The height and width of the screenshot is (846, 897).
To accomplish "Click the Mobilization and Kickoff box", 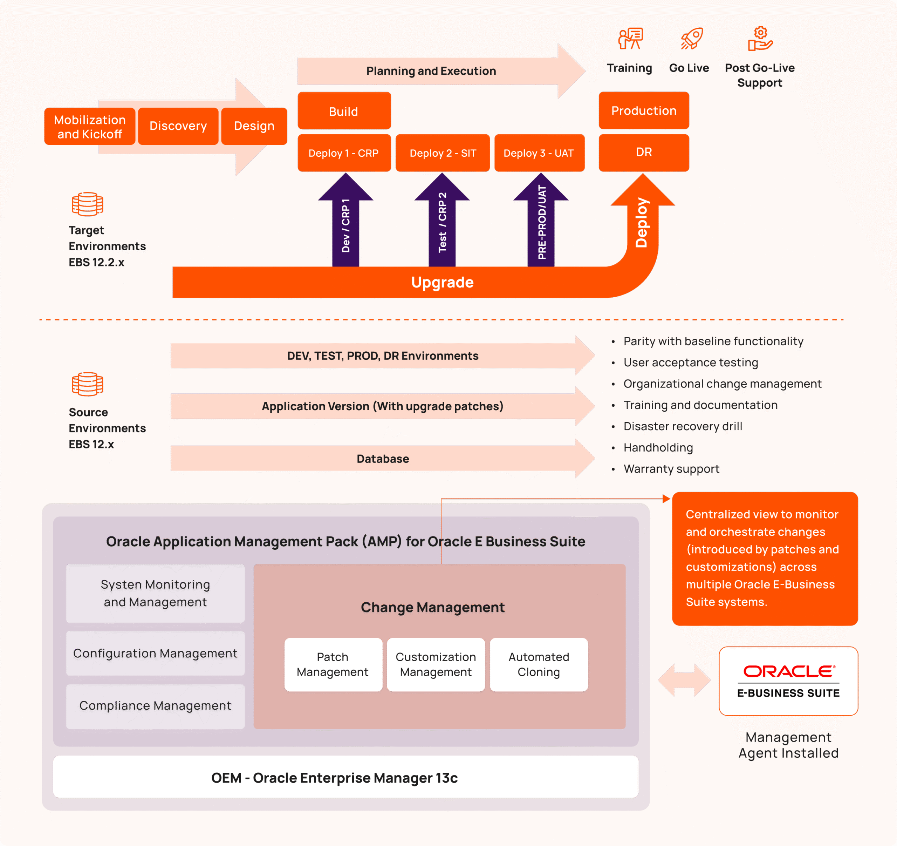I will pyautogui.click(x=90, y=127).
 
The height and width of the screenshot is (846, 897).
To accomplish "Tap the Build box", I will pyautogui.click(x=344, y=111).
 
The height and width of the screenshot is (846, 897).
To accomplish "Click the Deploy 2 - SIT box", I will pyautogui.click(x=443, y=153).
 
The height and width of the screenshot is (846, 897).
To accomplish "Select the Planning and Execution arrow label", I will pyautogui.click(x=431, y=71).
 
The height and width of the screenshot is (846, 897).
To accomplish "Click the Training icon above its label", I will pyautogui.click(x=630, y=39).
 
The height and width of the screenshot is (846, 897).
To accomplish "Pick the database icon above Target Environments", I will pyautogui.click(x=88, y=204).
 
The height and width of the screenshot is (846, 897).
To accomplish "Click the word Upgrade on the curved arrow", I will pyautogui.click(x=442, y=282).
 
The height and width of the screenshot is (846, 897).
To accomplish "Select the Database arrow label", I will pyautogui.click(x=383, y=459).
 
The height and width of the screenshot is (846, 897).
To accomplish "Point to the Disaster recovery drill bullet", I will pyautogui.click(x=682, y=426).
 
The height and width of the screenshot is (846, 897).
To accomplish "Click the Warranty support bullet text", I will pyautogui.click(x=671, y=469).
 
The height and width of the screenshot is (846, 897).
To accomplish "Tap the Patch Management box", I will pyautogui.click(x=333, y=664).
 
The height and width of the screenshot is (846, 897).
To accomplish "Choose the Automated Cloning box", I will pyautogui.click(x=539, y=664).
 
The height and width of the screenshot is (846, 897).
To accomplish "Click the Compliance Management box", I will pyautogui.click(x=155, y=706).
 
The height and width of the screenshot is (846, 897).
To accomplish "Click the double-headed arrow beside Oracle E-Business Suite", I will pyautogui.click(x=684, y=680).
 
